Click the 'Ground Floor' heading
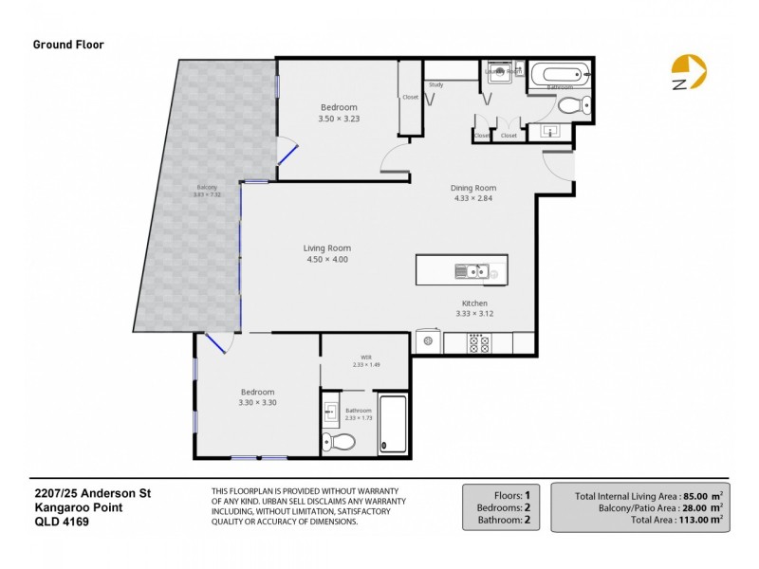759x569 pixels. click(x=68, y=44)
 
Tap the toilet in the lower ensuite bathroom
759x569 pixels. click(x=339, y=441)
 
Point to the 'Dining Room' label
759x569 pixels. click(x=473, y=187)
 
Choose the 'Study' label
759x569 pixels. click(x=436, y=85)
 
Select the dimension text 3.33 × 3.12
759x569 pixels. click(x=474, y=314)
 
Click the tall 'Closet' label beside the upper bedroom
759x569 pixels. click(x=410, y=97)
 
